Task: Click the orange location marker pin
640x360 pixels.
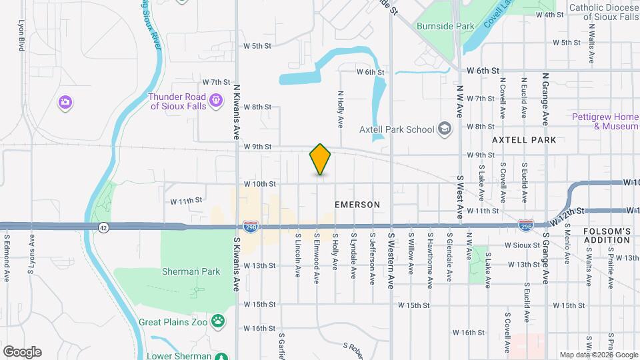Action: pos(320,159)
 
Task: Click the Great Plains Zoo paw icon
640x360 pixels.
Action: pos(217,322)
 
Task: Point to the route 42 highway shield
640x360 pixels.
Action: pos(103,227)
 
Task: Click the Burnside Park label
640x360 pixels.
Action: pos(445,27)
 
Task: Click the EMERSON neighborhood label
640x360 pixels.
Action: pos(358,205)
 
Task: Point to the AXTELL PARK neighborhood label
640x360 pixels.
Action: pos(523,140)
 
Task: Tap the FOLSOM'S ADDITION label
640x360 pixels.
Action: pos(607,235)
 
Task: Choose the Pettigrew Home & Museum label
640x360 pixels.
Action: pos(605,121)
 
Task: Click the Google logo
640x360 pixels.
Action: pos(22,352)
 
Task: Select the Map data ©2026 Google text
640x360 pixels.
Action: pos(598,355)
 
